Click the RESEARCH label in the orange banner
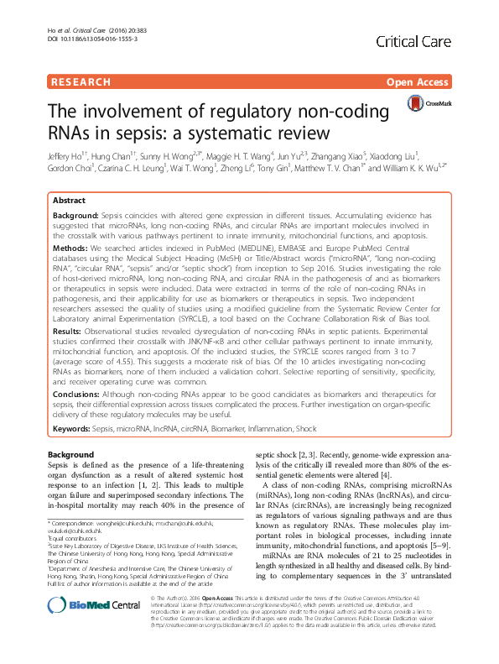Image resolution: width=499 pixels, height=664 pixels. (x=81, y=82)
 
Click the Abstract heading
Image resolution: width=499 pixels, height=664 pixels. (x=69, y=202)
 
